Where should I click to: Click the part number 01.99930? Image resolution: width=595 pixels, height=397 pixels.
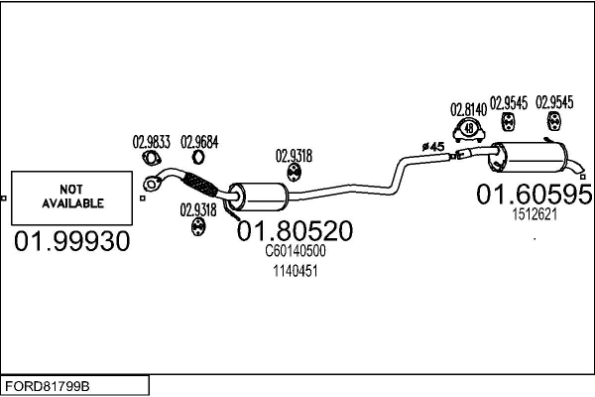[71, 241]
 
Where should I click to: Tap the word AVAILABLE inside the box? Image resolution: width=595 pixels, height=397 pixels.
[72, 203]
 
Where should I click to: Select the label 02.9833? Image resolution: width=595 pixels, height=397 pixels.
[152, 142]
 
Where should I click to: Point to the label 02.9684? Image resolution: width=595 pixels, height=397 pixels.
[199, 142]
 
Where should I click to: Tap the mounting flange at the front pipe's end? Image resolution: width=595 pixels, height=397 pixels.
[153, 183]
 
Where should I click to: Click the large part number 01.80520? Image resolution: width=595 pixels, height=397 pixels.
[295, 231]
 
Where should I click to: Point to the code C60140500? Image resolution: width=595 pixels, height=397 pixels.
[295, 252]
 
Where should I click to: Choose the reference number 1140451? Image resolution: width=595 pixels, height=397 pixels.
[295, 270]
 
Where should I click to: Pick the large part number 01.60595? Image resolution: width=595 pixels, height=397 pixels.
[534, 195]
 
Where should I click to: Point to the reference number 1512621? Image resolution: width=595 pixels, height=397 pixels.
[534, 213]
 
